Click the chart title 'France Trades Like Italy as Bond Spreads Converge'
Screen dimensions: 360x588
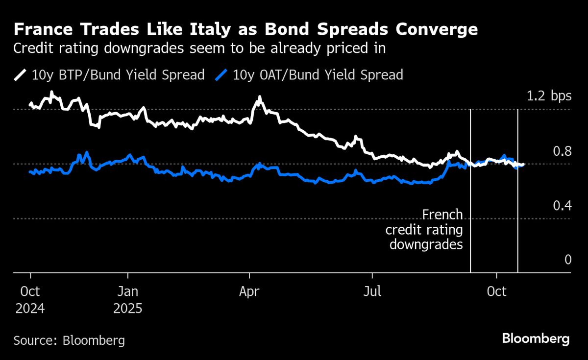coord(245,30)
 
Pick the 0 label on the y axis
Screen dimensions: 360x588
coord(568,260)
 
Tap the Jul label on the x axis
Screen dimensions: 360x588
coord(373,291)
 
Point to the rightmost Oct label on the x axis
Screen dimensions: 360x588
coord(497,291)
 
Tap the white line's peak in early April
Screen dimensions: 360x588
coord(259,98)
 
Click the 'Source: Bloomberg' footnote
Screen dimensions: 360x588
coord(69,340)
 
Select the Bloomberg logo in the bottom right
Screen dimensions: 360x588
coord(536,338)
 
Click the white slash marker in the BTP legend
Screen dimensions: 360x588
coord(21,75)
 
